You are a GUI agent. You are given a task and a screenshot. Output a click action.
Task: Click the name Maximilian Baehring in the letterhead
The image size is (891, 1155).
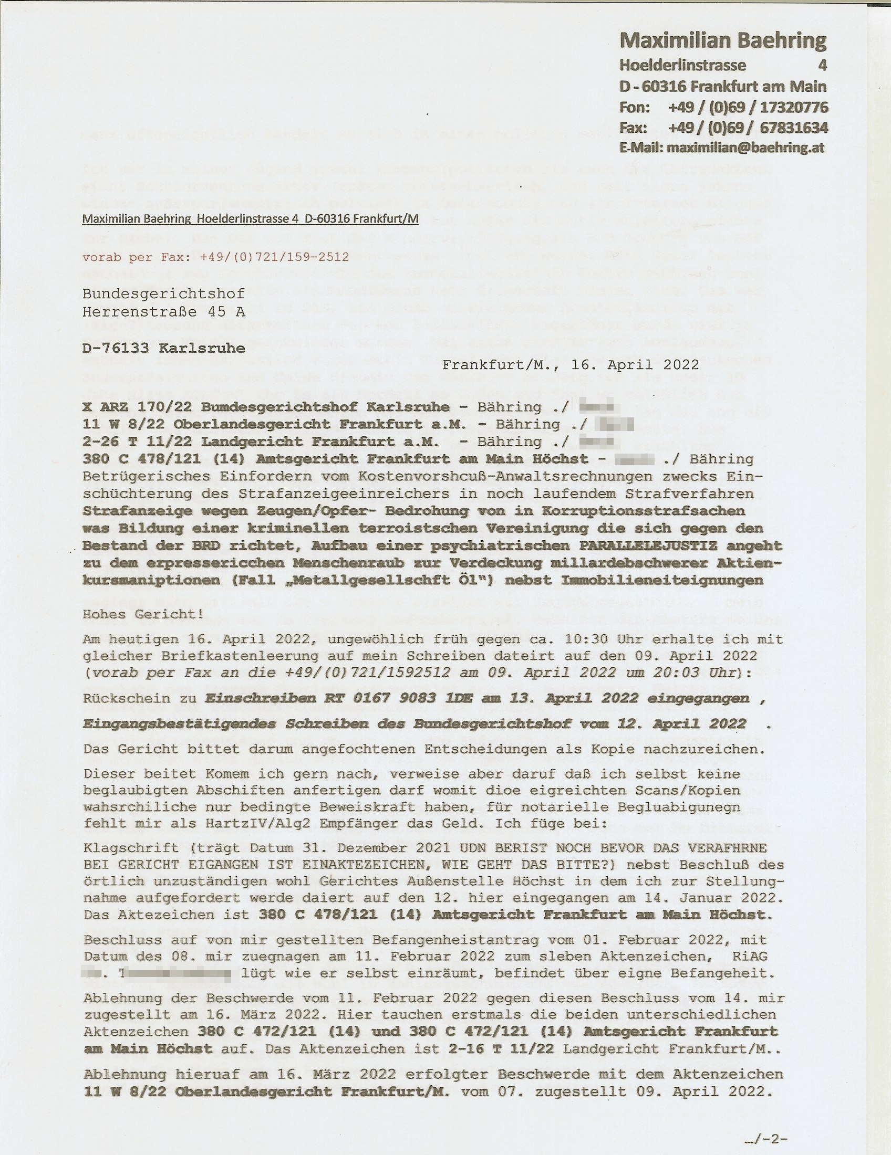(x=722, y=40)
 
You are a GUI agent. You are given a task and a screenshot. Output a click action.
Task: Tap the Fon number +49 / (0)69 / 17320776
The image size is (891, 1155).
(x=748, y=107)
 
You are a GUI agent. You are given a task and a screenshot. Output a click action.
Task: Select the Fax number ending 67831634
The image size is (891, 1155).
(x=748, y=128)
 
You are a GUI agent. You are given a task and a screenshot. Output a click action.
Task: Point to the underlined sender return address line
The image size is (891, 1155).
(x=250, y=218)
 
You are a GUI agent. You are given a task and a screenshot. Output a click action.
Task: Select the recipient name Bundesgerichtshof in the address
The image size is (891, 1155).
(x=163, y=293)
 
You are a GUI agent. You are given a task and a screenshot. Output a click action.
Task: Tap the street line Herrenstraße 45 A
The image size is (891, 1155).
(x=163, y=311)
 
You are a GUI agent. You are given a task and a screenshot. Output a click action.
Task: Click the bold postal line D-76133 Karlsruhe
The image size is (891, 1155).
(x=163, y=348)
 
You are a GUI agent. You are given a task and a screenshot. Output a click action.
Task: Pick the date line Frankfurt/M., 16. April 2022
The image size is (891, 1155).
(x=571, y=365)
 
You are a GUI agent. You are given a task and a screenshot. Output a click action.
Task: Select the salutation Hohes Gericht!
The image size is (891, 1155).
(x=143, y=615)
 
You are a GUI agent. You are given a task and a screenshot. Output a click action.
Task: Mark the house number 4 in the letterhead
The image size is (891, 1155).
(x=822, y=65)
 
